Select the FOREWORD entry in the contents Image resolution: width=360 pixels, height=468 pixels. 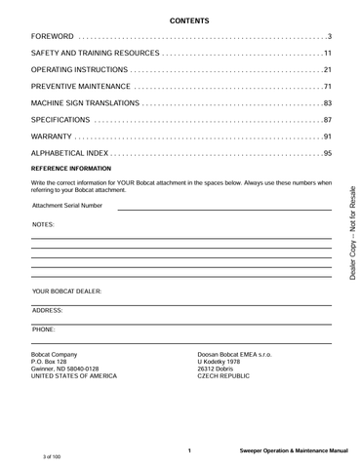54,36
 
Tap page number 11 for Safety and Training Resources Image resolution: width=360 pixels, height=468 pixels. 329,54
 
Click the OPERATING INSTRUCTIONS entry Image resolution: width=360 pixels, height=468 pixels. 80,70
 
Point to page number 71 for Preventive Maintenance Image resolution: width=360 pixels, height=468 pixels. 329,88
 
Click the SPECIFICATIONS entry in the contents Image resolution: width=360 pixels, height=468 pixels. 61,120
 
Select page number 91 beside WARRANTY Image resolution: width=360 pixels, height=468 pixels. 329,136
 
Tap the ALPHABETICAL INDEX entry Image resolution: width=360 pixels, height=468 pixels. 71,154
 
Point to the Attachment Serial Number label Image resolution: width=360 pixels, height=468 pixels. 66,206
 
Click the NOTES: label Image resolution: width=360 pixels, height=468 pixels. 43,224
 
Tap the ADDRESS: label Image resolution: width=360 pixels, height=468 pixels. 48,310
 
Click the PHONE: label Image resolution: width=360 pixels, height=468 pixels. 44,331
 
